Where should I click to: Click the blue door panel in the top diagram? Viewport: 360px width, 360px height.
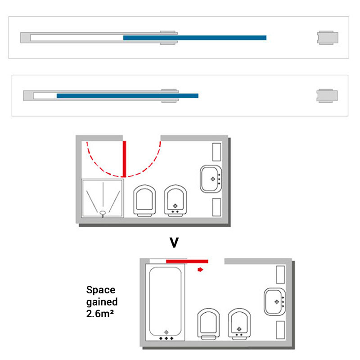[195, 38]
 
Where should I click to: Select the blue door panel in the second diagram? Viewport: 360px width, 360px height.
[127, 96]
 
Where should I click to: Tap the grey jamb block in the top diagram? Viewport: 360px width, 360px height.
[328, 38]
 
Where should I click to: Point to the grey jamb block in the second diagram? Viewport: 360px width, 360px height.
[327, 96]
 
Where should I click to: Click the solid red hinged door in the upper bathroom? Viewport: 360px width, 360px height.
[125, 159]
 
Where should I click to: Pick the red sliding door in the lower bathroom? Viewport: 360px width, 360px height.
[187, 261]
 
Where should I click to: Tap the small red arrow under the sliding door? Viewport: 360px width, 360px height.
[200, 270]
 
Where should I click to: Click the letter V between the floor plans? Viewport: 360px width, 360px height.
[174, 243]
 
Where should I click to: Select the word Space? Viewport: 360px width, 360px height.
[101, 290]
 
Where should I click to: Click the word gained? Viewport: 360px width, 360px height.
[102, 302]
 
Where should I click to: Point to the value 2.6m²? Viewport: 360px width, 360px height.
[100, 314]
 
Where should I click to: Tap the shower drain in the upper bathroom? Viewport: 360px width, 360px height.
[103, 213]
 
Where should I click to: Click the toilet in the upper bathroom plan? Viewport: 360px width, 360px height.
[144, 200]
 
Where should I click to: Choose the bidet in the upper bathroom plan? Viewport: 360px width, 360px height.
[175, 200]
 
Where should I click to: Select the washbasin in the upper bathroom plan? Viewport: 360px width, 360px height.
[211, 179]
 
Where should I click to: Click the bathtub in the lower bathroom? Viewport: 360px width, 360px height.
[165, 302]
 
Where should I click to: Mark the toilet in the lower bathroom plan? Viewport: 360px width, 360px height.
[208, 324]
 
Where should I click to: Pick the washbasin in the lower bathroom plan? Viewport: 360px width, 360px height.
[274, 301]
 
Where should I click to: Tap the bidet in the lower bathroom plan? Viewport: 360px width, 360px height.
[239, 324]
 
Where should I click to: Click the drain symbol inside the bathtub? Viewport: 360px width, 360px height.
[166, 332]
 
